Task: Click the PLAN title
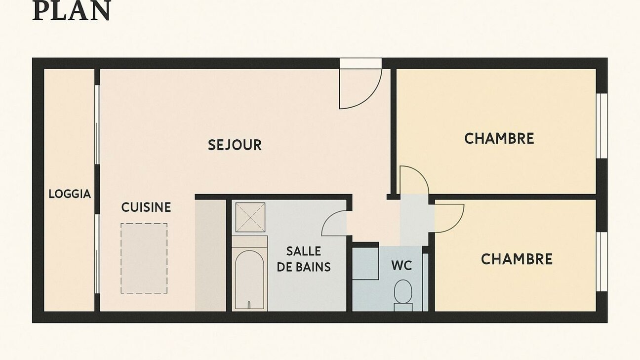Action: pos(71,11)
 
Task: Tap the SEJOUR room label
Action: pos(235,145)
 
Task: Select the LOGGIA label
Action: pos(70,194)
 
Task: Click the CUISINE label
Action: pos(146,207)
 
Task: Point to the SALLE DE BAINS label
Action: pos(304,259)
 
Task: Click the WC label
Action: pos(401,266)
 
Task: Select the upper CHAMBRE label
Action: pos(499,138)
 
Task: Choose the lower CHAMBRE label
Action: pos(517,259)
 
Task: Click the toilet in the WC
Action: pos(403,292)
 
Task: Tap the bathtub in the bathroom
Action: pos(249,280)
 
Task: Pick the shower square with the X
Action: pos(250,217)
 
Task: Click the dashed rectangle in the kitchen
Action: pos(144,258)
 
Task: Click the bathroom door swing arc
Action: pos(334,222)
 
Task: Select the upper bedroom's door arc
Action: pos(415,179)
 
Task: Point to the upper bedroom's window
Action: pos(601,126)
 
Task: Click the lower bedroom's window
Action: pos(601,262)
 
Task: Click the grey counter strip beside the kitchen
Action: pos(210,255)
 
